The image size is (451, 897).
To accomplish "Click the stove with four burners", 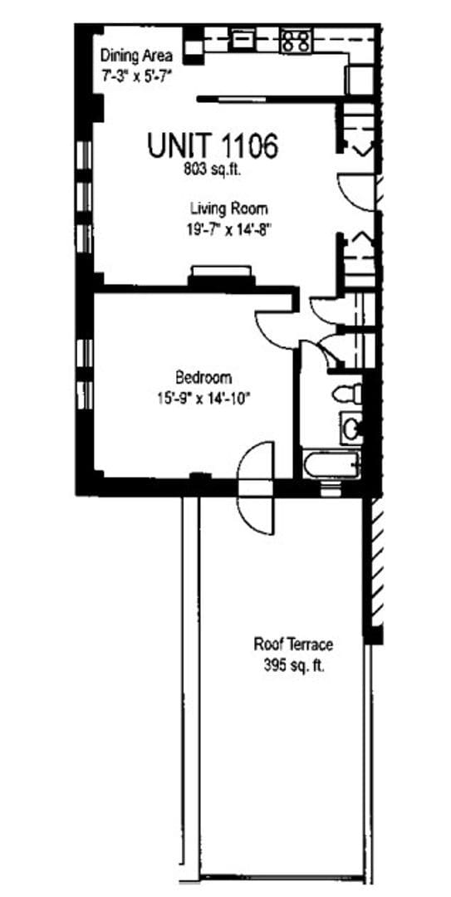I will (x=295, y=41).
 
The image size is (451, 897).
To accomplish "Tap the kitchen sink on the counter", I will (x=243, y=39).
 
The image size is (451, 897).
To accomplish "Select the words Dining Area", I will (x=137, y=56).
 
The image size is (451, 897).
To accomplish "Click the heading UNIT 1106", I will (x=212, y=146).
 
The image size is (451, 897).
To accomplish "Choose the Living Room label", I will (x=228, y=208).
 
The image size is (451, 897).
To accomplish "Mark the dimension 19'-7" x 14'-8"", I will (x=228, y=230).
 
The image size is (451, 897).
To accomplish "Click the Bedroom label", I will (x=203, y=377).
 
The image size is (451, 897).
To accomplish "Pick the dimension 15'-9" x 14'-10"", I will (x=203, y=398).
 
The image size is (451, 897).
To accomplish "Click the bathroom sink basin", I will (x=351, y=429).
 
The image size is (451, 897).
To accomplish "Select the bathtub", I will (x=331, y=463).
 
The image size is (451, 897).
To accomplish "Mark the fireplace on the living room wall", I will (x=220, y=275).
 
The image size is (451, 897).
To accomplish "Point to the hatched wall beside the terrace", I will (x=375, y=565).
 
